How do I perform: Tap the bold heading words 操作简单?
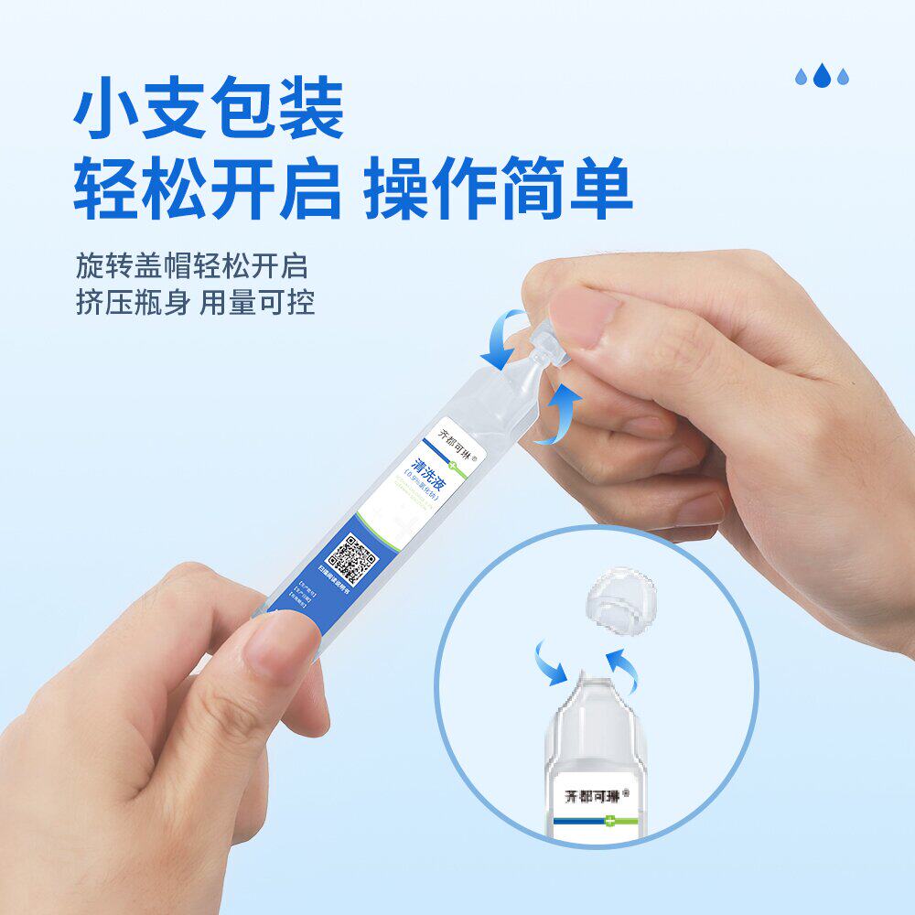tap(498, 188)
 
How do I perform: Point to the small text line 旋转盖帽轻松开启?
tap(191, 266)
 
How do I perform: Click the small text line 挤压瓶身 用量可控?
tap(195, 303)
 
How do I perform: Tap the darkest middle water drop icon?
tap(822, 75)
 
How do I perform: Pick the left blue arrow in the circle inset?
tap(548, 662)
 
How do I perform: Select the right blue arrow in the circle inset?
tap(624, 668)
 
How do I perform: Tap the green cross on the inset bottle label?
tap(608, 823)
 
